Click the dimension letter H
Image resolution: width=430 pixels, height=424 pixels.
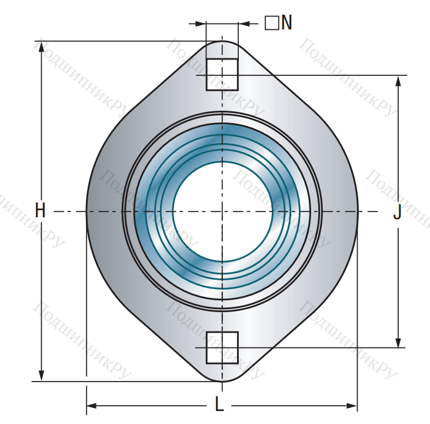(40, 210)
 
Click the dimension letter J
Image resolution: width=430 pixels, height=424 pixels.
(398, 212)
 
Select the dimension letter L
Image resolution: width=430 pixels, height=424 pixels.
(219, 404)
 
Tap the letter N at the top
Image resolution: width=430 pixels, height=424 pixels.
(286, 22)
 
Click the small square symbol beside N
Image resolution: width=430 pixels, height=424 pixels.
(272, 23)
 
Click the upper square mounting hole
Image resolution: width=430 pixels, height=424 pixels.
(222, 74)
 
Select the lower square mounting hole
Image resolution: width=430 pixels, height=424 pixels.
(222, 347)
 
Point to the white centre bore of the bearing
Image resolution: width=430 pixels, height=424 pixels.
(222, 211)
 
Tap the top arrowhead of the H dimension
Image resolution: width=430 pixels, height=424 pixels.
(41, 47)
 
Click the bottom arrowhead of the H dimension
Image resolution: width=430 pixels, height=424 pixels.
(41, 375)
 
